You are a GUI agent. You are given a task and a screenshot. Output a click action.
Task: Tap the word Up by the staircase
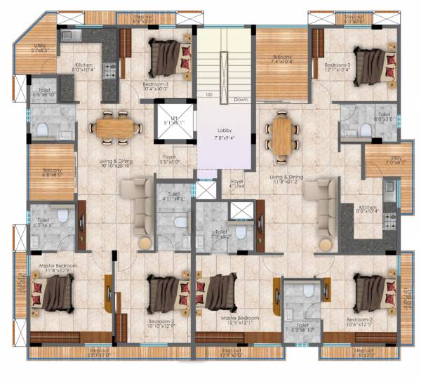(208, 94)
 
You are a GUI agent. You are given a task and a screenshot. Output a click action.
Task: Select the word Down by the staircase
(241, 100)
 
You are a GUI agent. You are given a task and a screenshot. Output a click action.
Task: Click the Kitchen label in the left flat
(85, 65)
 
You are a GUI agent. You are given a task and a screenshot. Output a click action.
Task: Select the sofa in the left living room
(135, 197)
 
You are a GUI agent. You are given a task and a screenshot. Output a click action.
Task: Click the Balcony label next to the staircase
(281, 57)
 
